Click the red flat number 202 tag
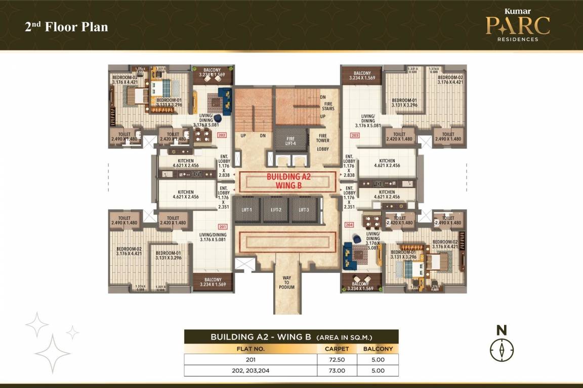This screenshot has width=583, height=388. point(222,135)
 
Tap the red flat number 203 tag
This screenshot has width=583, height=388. point(355,135)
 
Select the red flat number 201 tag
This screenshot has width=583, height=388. point(222,226)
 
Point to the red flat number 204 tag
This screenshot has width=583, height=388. point(349,225)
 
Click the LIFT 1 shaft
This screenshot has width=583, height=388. point(247,210)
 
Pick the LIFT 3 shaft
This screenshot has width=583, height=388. point(304,210)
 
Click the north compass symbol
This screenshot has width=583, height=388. point(502,350)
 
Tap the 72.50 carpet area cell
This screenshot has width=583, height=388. point(337,359)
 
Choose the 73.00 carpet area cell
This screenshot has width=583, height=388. point(337,370)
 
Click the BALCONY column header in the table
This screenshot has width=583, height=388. point(378,349)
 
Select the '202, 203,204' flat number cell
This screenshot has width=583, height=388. point(250,370)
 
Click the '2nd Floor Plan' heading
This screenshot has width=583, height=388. point(66,27)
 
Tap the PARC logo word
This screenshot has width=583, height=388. point(517,26)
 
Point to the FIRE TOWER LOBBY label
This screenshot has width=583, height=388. point(323,142)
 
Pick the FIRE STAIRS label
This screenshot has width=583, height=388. point(329,106)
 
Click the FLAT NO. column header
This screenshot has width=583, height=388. point(250,349)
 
